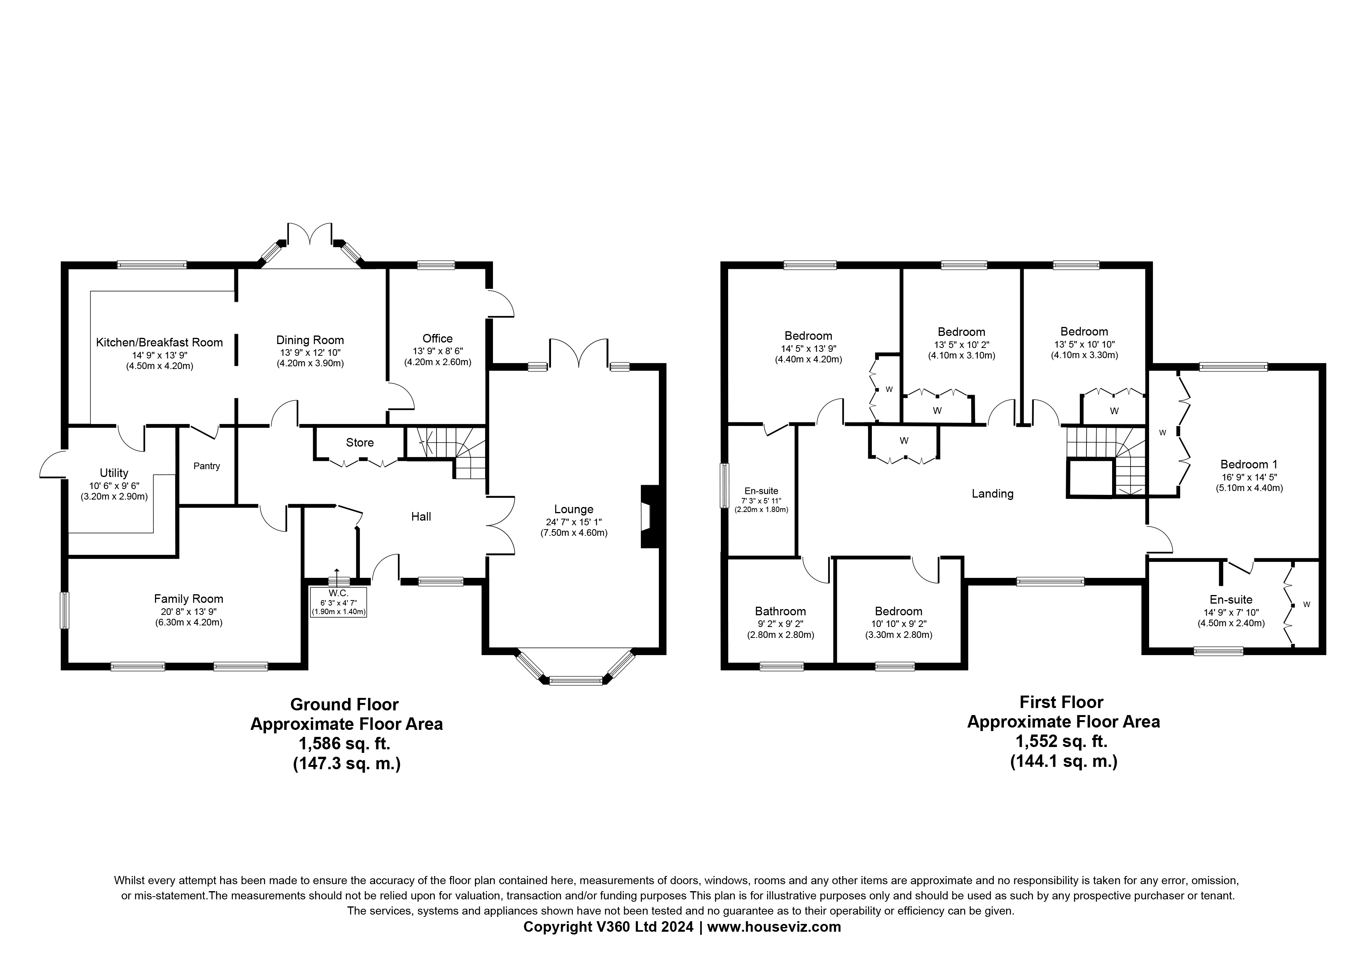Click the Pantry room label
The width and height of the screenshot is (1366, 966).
pos(206,466)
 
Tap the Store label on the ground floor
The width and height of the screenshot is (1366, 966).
pos(359,442)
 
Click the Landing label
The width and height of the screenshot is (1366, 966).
pos(992,493)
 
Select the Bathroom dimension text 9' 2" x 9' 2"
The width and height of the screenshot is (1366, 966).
pos(780,624)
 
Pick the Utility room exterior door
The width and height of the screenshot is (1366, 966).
pos(52,464)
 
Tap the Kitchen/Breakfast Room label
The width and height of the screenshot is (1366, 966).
pos(159,342)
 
